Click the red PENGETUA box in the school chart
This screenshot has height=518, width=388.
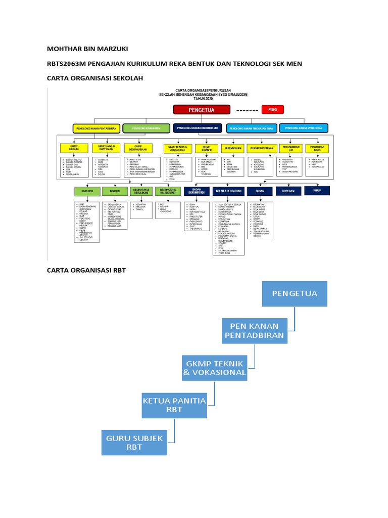coord(201,109)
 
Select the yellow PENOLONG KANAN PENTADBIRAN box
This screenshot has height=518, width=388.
coord(98,128)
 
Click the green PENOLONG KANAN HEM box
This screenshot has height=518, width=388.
coord(146,128)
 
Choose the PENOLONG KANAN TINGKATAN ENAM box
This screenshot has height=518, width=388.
coord(252,128)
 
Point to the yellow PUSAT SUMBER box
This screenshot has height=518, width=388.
coord(206,149)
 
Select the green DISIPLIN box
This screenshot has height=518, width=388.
coord(114,191)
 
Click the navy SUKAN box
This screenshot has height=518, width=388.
coord(259,191)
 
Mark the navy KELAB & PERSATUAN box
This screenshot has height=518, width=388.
coord(228,191)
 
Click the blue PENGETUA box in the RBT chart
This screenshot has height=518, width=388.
coord(295,293)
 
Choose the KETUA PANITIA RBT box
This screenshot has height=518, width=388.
coord(174,405)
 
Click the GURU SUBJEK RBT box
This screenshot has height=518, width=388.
coord(134,442)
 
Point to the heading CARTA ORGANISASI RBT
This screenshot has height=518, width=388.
coord(86,270)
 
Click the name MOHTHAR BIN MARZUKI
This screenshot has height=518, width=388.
coord(87,49)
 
